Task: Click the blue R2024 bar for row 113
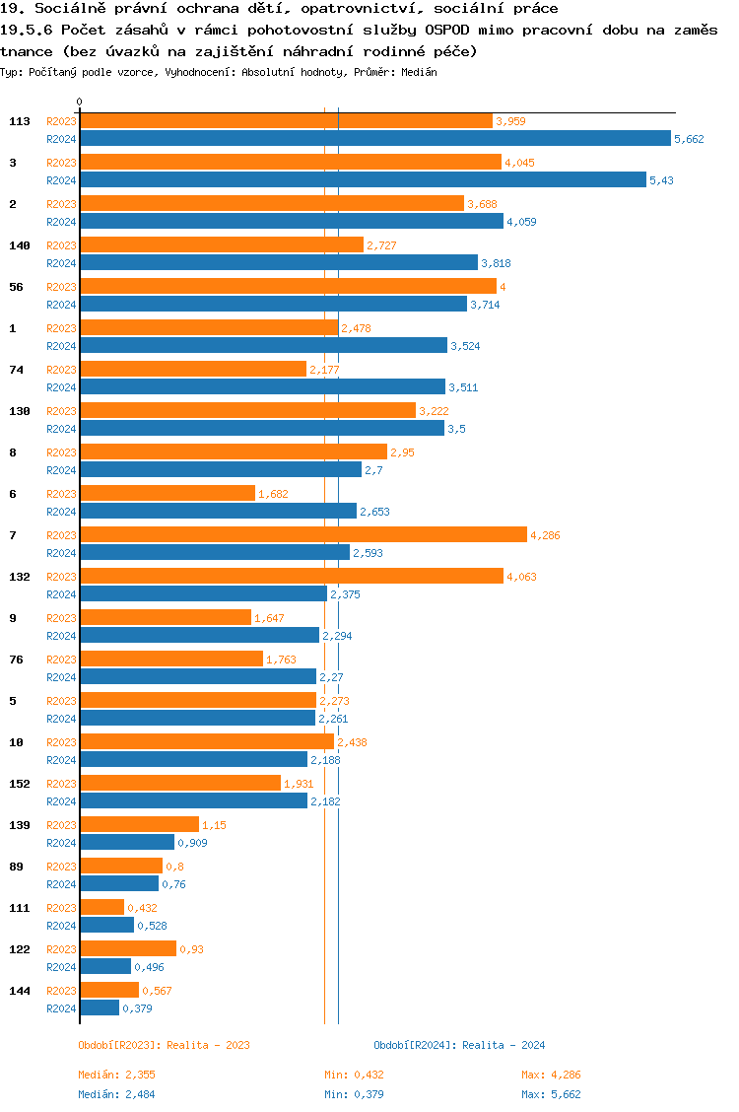click(374, 139)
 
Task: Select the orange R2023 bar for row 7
click(303, 534)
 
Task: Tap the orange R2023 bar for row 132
click(292, 576)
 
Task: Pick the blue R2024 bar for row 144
click(100, 1008)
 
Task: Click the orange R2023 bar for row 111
click(102, 907)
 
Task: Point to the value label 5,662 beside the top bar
click(689, 139)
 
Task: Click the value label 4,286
click(545, 535)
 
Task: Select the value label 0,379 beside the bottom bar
click(137, 1008)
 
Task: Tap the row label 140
click(19, 245)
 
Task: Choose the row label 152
click(19, 784)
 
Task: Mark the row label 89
click(16, 867)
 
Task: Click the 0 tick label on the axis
click(80, 103)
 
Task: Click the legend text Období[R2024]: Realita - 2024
click(459, 1045)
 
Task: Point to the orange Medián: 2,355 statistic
click(117, 1075)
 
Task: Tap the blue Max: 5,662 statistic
click(551, 1094)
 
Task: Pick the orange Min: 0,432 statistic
click(354, 1075)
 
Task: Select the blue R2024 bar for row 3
click(363, 179)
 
